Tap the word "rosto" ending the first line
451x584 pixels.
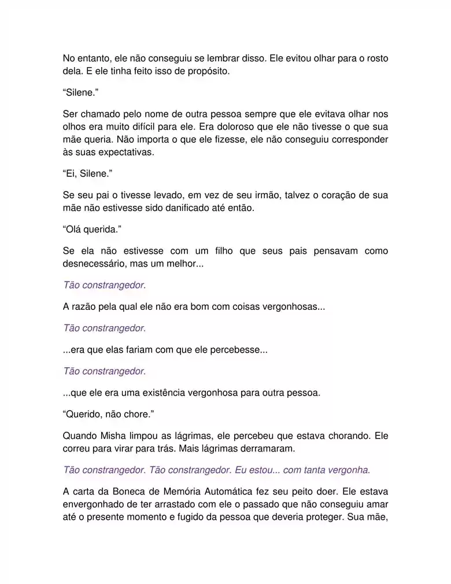point(376,59)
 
